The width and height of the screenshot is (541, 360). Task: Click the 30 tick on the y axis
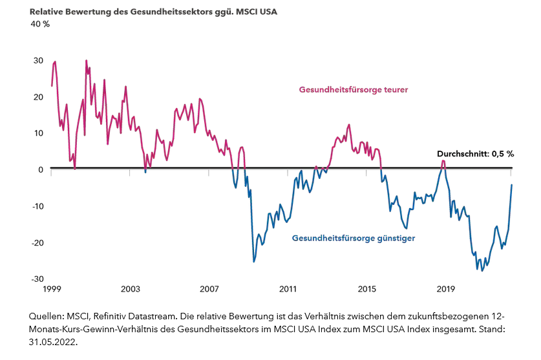[38, 61]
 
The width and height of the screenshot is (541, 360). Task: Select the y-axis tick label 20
[38, 97]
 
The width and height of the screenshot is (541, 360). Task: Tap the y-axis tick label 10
[38, 133]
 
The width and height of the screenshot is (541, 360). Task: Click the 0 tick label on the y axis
[40, 169]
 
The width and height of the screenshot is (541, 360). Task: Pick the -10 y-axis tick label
[37, 206]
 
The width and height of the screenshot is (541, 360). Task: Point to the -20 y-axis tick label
[37, 242]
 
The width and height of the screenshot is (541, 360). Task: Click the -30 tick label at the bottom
[37, 279]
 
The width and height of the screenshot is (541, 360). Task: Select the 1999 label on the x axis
[52, 288]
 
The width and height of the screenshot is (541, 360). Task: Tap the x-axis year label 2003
[131, 288]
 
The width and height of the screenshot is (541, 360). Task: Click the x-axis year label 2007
[209, 288]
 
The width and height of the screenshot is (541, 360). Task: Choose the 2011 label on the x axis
[288, 288]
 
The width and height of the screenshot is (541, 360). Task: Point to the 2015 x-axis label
[366, 288]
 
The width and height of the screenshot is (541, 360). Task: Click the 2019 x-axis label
[445, 288]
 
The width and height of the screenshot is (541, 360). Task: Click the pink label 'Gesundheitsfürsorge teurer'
[353, 90]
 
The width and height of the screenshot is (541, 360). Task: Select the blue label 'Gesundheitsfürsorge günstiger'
[353, 238]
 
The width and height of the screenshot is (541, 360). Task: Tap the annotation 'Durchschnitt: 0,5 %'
[475, 154]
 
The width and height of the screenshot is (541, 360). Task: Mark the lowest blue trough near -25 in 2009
[254, 262]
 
